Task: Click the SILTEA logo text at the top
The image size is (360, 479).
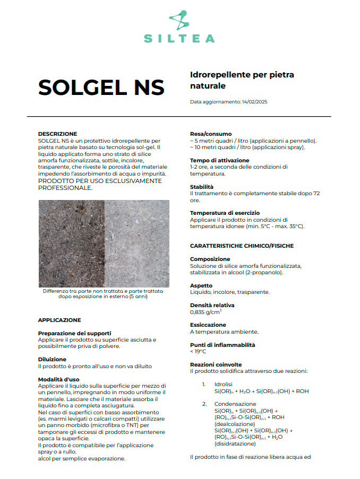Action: [x=179, y=38]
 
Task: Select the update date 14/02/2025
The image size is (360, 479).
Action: [x=254, y=101]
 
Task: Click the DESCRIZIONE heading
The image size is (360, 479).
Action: [x=57, y=134]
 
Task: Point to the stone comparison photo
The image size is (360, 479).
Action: [x=104, y=243]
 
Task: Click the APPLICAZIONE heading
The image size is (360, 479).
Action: [x=59, y=320]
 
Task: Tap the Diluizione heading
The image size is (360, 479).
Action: [x=52, y=359]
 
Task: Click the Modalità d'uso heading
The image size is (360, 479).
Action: [x=58, y=379]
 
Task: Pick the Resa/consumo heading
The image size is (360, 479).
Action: [x=211, y=134]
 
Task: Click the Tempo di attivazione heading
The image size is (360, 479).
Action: [x=219, y=160]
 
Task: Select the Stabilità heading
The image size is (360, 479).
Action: [x=202, y=187]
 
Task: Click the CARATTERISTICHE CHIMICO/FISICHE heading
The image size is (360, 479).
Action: [x=242, y=246]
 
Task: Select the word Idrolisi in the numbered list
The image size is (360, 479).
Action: [x=224, y=384]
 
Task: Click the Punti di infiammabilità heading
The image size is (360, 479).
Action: [x=222, y=344]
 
